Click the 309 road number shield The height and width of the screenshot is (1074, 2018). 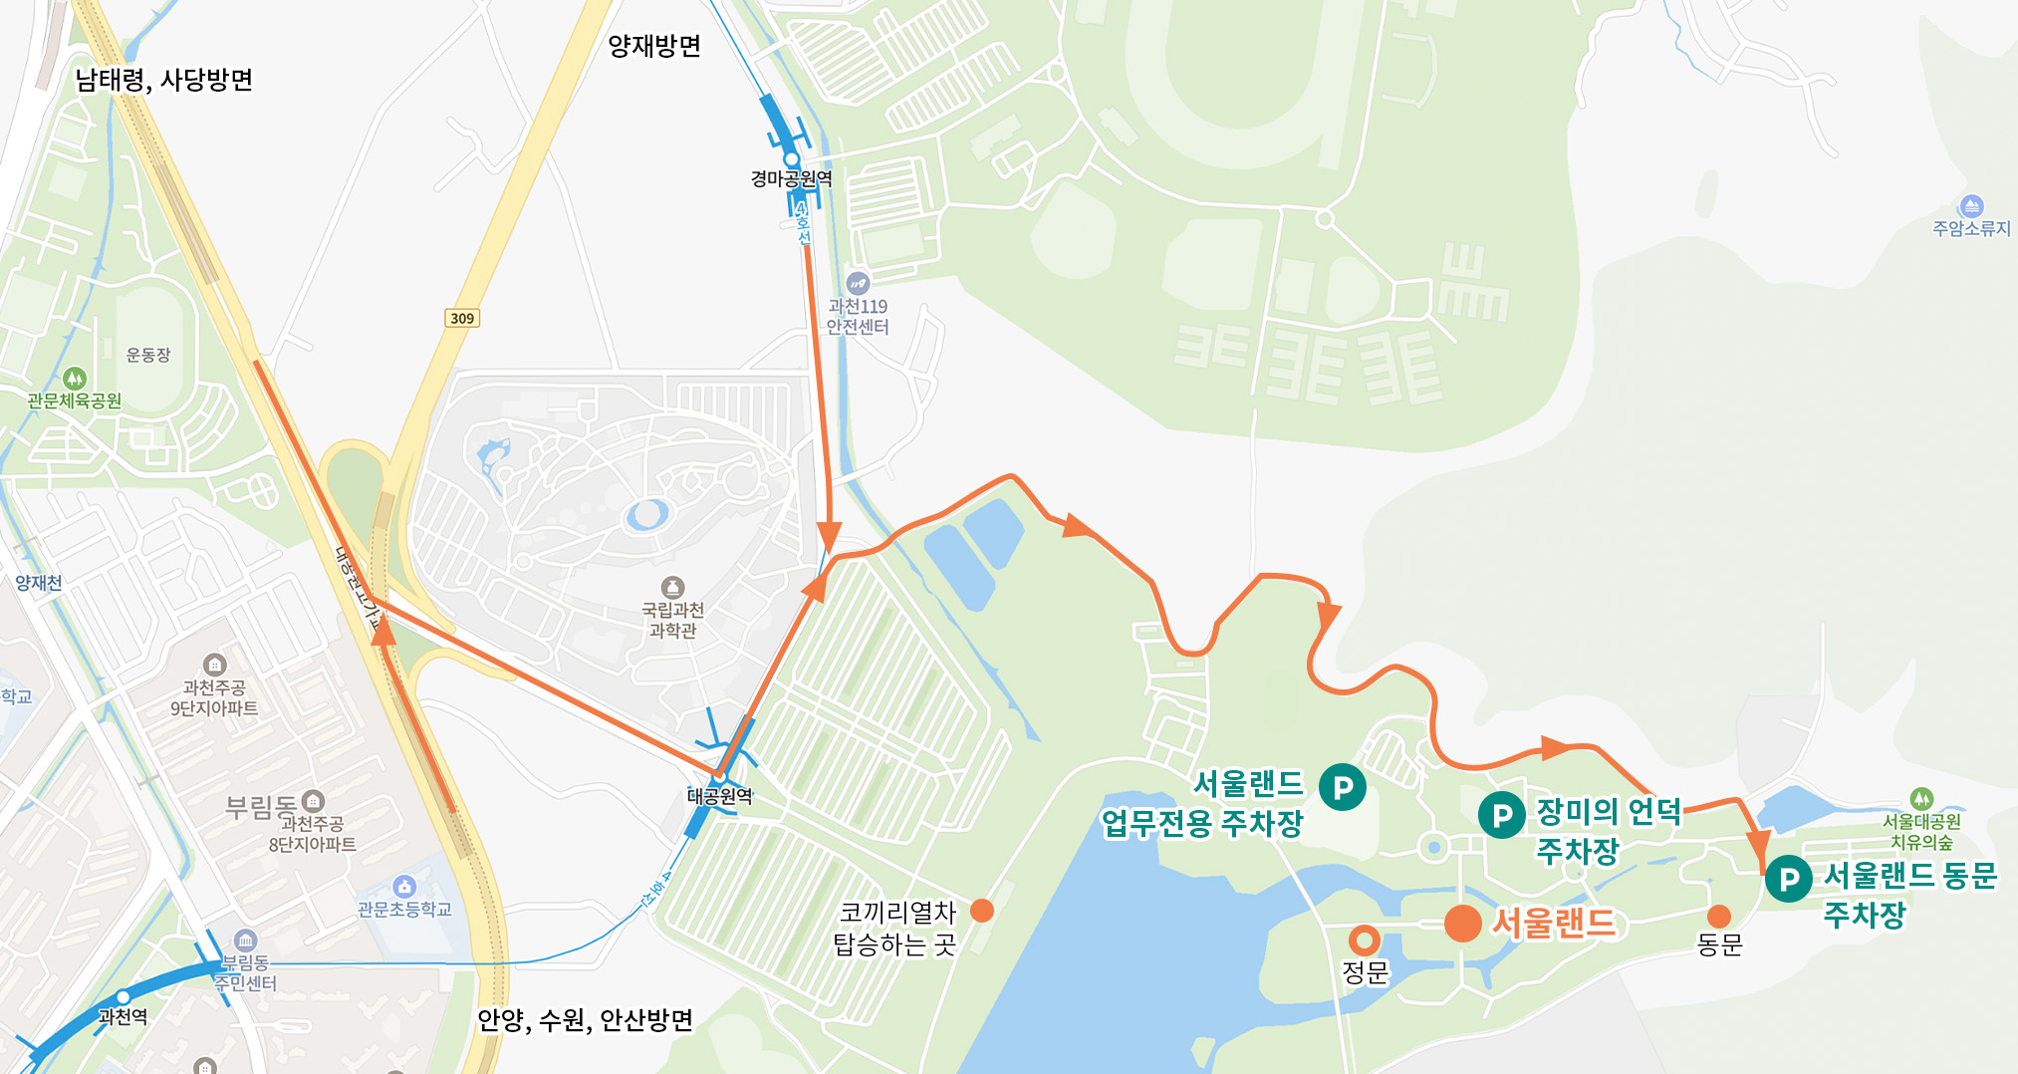462,318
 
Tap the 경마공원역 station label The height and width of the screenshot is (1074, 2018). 791,179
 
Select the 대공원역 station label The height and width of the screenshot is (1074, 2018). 719,796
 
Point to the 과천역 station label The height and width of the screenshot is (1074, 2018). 123,1017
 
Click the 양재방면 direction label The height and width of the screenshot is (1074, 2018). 654,46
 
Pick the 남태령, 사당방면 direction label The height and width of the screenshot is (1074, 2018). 164,80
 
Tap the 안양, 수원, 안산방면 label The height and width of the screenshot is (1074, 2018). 585,1020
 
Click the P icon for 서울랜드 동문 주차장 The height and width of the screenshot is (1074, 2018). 1789,879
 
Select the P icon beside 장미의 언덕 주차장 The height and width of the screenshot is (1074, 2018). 1502,816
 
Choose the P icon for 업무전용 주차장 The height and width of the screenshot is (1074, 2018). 1343,787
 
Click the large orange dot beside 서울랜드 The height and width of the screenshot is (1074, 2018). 1462,923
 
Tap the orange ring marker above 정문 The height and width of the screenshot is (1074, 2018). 1364,940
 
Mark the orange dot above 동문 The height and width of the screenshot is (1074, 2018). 1719,917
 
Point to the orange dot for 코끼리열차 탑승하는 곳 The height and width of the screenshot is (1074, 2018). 982,911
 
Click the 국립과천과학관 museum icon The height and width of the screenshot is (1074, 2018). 673,587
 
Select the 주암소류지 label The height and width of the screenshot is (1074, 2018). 1971,228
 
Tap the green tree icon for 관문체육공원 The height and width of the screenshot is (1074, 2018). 75,379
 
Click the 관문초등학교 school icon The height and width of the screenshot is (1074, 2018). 403,886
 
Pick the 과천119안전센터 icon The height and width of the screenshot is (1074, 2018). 858,283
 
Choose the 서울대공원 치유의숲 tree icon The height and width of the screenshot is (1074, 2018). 1921,798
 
